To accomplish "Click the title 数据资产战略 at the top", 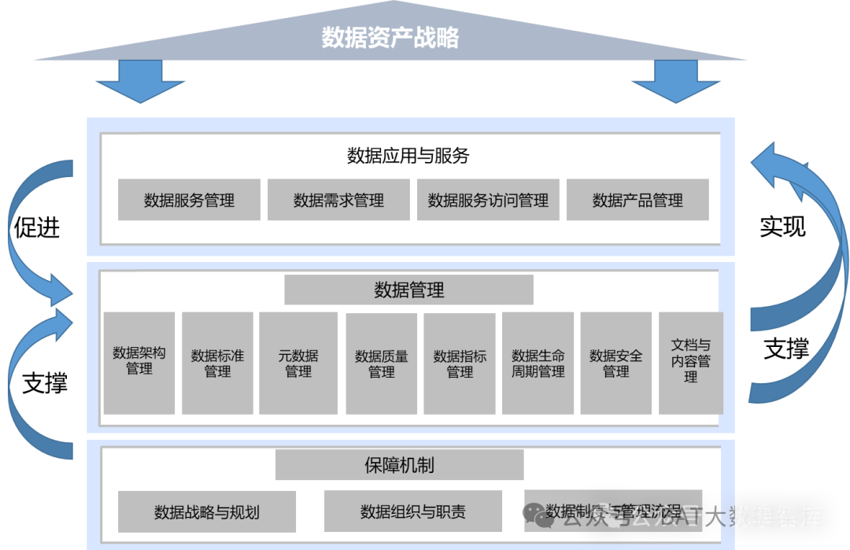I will [x=390, y=38].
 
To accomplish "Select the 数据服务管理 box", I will [x=189, y=200].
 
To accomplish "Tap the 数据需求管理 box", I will [x=338, y=200].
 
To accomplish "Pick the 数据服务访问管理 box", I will [x=488, y=200].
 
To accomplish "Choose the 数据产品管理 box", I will [x=637, y=200].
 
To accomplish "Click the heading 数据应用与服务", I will [x=408, y=155].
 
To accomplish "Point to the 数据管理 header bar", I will [x=408, y=290].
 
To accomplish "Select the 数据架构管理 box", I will [x=139, y=362].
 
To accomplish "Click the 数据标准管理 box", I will [x=217, y=362].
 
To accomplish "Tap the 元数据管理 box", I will [x=298, y=362].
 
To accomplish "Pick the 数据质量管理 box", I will [x=382, y=362].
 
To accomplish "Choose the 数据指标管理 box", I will [x=460, y=362].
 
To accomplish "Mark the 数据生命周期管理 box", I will [x=538, y=362].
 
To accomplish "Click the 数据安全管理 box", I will [x=616, y=362].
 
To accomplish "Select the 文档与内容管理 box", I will [x=690, y=362].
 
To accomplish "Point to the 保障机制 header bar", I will [x=399, y=465].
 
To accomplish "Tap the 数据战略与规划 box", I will [x=207, y=511].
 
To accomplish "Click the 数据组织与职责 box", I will [x=413, y=511].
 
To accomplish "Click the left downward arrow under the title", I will [x=140, y=82].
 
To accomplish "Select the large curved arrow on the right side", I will [x=811, y=260].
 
